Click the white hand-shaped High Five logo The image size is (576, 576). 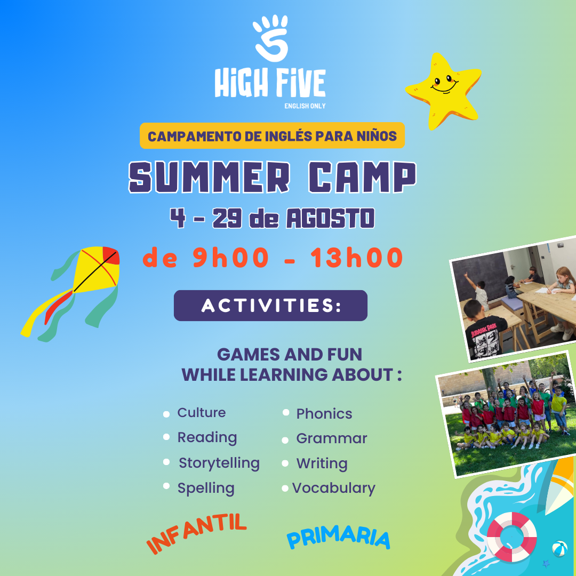271,38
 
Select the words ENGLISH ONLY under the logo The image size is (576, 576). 305,106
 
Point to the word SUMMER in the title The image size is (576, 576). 210,177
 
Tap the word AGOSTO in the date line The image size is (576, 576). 330,218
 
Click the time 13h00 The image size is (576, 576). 357,258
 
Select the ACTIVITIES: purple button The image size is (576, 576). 271,306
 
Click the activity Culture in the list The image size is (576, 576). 201,412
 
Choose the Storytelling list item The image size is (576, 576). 219,463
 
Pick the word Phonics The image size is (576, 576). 324,414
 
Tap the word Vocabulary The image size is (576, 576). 333,488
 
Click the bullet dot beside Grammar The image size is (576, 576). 285,441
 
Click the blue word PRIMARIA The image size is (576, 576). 338,538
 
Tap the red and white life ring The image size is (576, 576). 511,537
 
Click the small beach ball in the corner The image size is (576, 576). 559,548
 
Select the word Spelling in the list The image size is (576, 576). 206,488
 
